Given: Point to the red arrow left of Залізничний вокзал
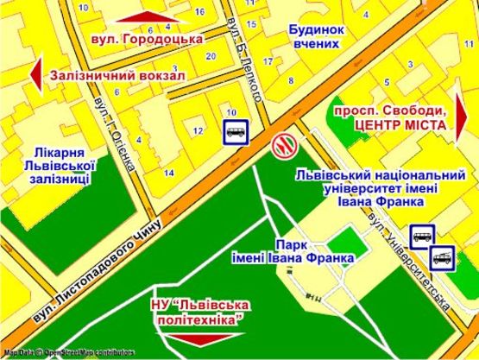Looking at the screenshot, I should pyautogui.click(x=35, y=75).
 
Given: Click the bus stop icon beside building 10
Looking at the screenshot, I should pyautogui.click(x=236, y=131).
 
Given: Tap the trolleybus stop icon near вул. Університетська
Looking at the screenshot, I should pyautogui.click(x=442, y=256).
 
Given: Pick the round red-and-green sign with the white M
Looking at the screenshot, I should pyautogui.click(x=282, y=143).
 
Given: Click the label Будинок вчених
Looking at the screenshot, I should pyautogui.click(x=317, y=36).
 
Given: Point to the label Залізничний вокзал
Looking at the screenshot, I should pyautogui.click(x=118, y=75).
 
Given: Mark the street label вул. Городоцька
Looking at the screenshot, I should pyautogui.click(x=144, y=40).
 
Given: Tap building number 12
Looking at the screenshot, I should pyautogui.click(x=199, y=130).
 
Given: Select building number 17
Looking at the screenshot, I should pyautogui.click(x=268, y=60).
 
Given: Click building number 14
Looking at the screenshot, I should pyautogui.click(x=168, y=173).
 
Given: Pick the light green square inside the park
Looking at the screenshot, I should pyautogui.click(x=347, y=237).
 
